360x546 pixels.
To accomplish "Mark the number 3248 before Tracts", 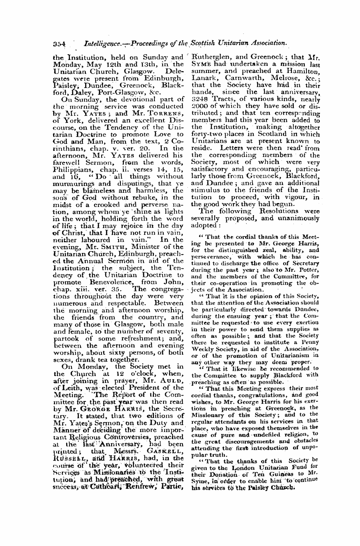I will (x=199, y=99).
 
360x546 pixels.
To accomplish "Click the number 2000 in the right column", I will (x=199, y=106).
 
